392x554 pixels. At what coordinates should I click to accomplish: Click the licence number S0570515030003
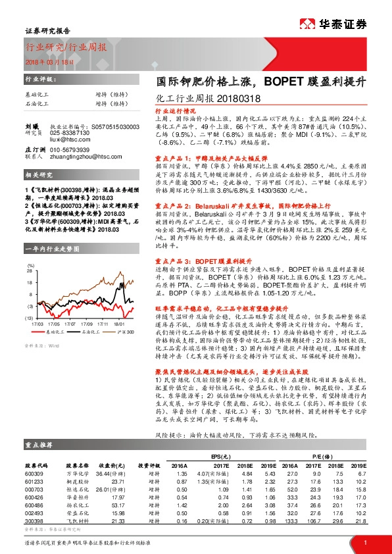coord(110,126)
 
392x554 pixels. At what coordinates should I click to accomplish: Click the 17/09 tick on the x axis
coord(86,324)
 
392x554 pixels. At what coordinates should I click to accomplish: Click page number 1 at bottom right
coord(364,541)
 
